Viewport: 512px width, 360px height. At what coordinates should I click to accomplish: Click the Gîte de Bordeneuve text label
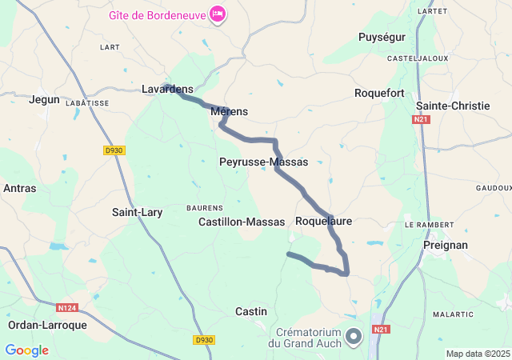coord(157,14)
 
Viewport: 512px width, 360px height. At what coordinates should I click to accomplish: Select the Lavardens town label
coord(167,89)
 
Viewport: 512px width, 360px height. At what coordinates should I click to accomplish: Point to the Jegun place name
coord(44,99)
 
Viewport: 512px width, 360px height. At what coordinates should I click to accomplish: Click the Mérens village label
coord(229,111)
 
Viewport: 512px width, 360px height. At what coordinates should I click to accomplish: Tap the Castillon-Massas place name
coord(242,222)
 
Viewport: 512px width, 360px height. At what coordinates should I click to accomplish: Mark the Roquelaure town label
coord(323,220)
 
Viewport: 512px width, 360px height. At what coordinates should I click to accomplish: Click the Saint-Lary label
coord(137,212)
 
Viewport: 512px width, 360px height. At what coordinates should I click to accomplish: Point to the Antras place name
coord(19,188)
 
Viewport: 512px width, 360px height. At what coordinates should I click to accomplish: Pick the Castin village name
coord(251,310)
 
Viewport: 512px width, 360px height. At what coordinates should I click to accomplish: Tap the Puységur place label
coord(382,37)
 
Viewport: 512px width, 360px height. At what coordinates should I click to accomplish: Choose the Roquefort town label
coord(379,93)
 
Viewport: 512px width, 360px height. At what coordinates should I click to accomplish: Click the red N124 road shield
coord(67,307)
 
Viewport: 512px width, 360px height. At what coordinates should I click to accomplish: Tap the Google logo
coord(26,350)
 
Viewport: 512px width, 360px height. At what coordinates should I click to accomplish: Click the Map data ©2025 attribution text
coord(478,354)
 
